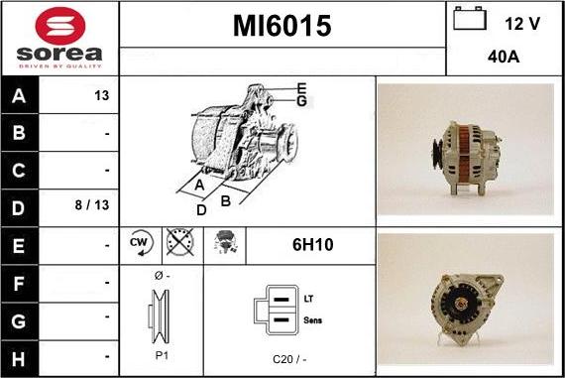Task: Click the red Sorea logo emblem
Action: (60, 26)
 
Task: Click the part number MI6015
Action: (282, 26)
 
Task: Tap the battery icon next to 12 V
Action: (470, 18)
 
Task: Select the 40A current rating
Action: (504, 57)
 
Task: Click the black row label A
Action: (19, 95)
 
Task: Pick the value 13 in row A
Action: (102, 95)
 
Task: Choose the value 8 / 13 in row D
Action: (92, 204)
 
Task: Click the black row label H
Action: (19, 359)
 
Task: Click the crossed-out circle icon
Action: (179, 242)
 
